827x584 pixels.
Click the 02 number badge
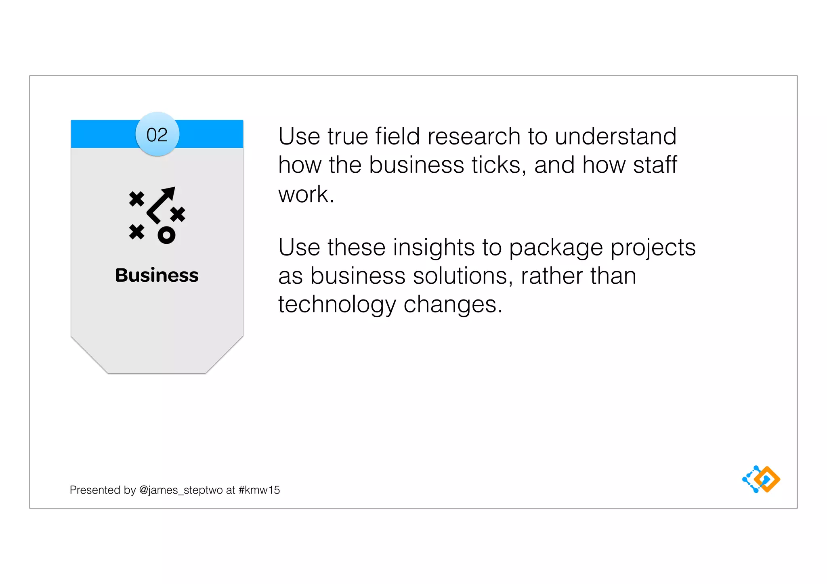(x=157, y=134)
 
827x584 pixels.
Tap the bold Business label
(x=157, y=275)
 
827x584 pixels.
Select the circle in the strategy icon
(x=166, y=235)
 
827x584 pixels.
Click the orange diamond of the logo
(x=767, y=479)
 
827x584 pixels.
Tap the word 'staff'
(x=655, y=165)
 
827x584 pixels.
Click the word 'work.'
(x=306, y=194)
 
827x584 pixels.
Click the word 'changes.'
(x=453, y=305)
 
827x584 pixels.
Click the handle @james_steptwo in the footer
(x=181, y=490)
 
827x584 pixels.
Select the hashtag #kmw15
(x=259, y=490)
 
